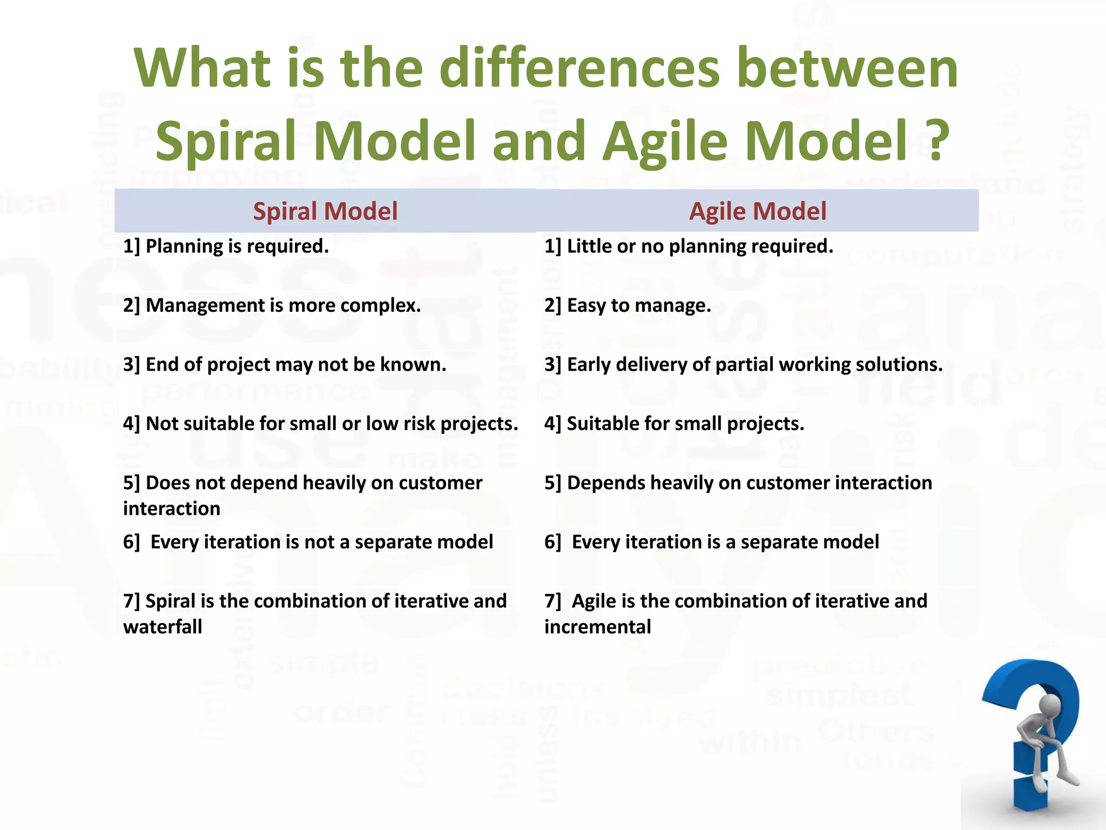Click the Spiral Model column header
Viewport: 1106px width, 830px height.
pyautogui.click(x=325, y=211)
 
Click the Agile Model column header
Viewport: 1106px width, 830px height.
pyautogui.click(x=758, y=211)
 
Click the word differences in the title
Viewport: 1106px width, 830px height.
pyautogui.click(x=579, y=68)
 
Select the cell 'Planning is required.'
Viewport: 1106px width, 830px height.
pyautogui.click(x=226, y=246)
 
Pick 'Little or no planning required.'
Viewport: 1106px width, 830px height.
pyautogui.click(x=689, y=246)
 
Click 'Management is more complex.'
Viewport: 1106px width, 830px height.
pyautogui.click(x=272, y=306)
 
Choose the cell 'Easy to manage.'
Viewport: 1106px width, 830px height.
pyautogui.click(x=628, y=306)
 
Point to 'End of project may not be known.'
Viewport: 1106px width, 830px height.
pyautogui.click(x=285, y=365)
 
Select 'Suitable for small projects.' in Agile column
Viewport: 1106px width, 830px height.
pyautogui.click(x=674, y=424)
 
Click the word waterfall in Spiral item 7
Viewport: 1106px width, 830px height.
pyautogui.click(x=163, y=627)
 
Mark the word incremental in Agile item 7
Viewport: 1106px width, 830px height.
pyautogui.click(x=597, y=627)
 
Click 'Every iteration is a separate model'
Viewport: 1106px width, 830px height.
pyautogui.click(x=712, y=542)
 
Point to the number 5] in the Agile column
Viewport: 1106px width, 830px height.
pyautogui.click(x=553, y=483)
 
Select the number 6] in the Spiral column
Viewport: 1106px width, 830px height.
pyautogui.click(x=131, y=542)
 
